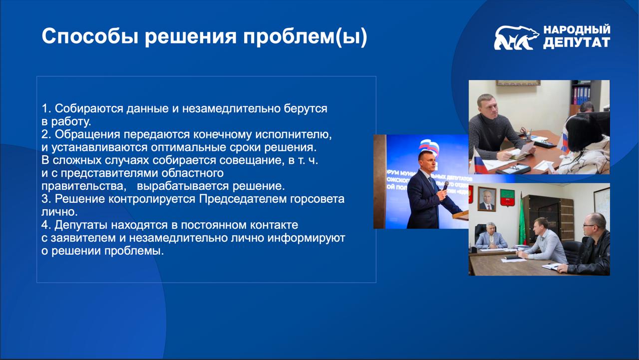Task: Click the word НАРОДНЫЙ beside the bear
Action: click(x=577, y=29)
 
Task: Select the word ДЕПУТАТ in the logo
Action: click(x=577, y=42)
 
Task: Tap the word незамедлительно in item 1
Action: click(x=231, y=109)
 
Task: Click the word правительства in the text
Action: click(x=84, y=186)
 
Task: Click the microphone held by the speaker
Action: click(x=445, y=186)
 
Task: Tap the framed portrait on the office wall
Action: click(x=487, y=199)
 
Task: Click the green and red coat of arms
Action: click(x=508, y=198)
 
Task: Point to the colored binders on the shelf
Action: click(x=582, y=95)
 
